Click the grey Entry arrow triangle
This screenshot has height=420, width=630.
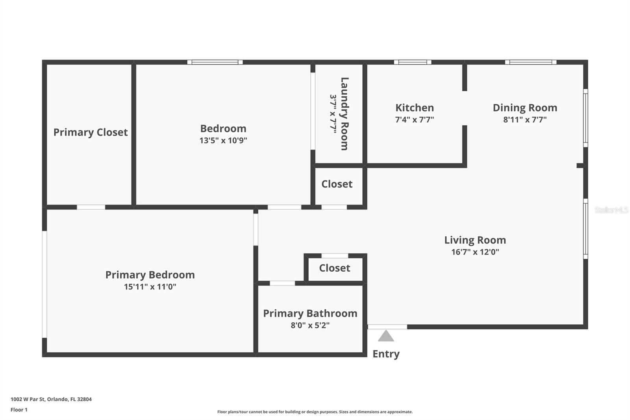pos(386,336)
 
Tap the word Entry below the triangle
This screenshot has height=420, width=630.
pos(386,354)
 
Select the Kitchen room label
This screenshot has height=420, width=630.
pos(415,108)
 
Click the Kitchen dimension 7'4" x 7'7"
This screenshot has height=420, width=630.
pos(415,119)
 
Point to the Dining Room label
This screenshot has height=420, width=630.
pos(525,108)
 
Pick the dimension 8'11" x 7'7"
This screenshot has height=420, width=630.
pos(525,119)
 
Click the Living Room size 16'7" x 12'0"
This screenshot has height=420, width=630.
pos(475,252)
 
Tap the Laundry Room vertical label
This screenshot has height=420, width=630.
pos(345,113)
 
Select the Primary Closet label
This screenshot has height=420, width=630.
pos(91,132)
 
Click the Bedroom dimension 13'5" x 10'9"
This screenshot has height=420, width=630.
pos(223,140)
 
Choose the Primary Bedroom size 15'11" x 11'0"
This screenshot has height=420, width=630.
pos(150,286)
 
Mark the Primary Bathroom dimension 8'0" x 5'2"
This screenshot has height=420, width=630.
pos(310,325)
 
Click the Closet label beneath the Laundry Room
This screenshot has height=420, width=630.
pos(337,184)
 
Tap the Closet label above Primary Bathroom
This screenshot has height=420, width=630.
pos(334,268)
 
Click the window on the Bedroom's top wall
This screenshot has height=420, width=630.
pos(215,62)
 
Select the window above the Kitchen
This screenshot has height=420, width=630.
pos(412,62)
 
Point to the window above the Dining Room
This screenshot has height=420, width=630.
pos(530,62)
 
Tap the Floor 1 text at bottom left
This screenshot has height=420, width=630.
pos(19,410)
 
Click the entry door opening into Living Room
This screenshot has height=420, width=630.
pos(387,327)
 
